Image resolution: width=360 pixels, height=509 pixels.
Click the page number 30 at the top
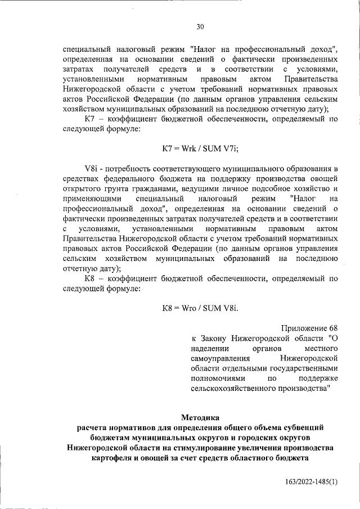point(200,26)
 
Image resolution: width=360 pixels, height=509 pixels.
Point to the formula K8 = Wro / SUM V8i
point(200,308)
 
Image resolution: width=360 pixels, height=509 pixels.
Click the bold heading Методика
point(200,417)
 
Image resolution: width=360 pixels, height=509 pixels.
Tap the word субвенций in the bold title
point(303,427)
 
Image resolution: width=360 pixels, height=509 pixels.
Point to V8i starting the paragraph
point(91,168)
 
